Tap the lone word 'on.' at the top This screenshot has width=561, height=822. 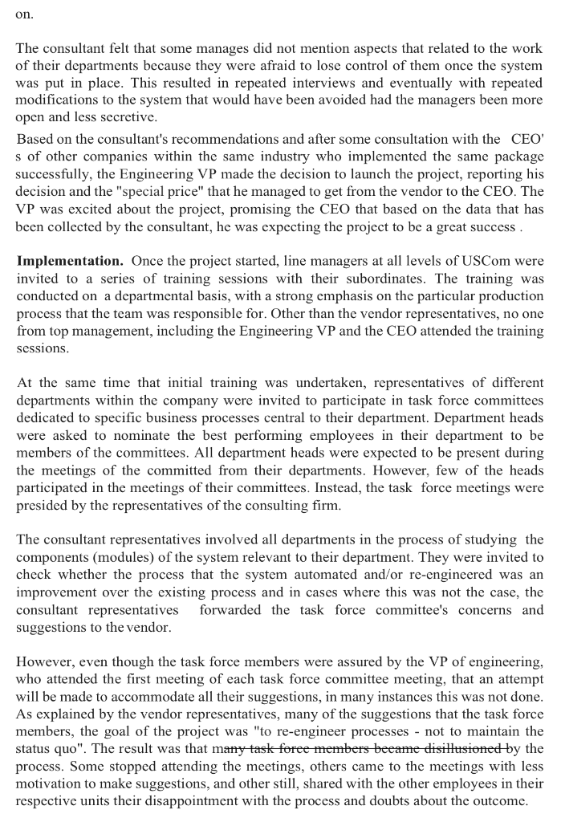coord(24,14)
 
